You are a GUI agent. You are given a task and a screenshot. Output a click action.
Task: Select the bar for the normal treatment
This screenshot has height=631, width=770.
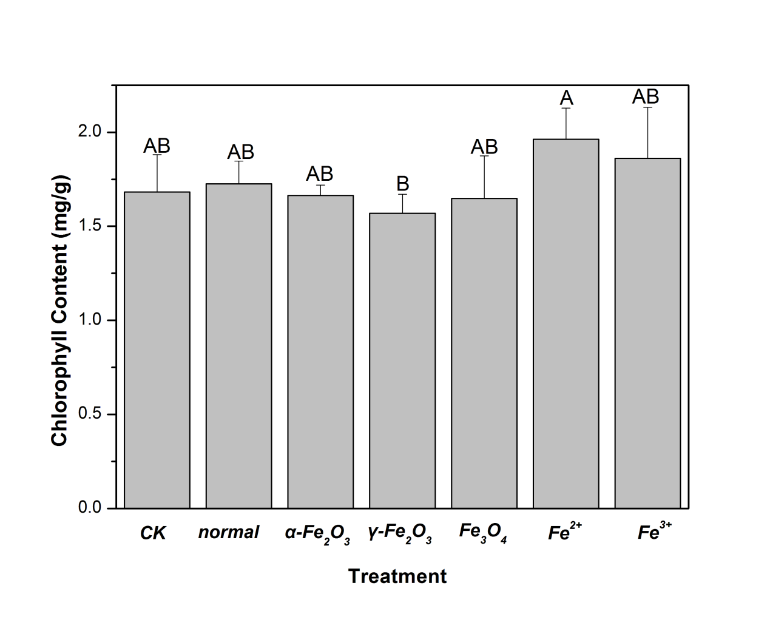(x=238, y=346)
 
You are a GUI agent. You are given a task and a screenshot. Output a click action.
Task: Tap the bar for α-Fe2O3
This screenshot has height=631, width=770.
(x=320, y=351)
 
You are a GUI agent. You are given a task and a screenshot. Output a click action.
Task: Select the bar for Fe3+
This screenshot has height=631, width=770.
(x=647, y=333)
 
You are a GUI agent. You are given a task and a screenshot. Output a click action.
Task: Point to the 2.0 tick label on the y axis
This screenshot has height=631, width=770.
(x=90, y=132)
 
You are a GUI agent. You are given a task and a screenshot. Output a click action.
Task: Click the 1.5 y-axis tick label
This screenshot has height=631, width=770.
(x=90, y=226)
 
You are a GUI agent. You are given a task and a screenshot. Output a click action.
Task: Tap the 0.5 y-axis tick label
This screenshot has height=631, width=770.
(x=90, y=414)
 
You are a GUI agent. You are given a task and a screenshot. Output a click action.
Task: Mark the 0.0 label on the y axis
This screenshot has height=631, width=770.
(x=90, y=508)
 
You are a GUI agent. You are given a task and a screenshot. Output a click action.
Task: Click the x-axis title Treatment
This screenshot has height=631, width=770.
(x=397, y=576)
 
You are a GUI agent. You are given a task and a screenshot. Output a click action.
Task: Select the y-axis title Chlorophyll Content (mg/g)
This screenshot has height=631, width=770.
(x=59, y=311)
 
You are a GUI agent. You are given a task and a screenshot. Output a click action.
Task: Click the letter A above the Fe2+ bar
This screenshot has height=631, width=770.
(x=567, y=98)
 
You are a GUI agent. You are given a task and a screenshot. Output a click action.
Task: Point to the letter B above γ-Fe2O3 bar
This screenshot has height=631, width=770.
(x=402, y=183)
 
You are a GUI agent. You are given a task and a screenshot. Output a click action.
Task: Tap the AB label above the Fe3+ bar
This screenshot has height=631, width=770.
(x=646, y=96)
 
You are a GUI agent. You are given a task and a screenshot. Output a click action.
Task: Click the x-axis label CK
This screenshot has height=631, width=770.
(x=153, y=533)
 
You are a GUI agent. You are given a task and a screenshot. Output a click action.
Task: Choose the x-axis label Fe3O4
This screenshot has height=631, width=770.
(x=483, y=532)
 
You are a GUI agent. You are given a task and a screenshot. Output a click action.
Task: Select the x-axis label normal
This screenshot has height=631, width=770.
(x=229, y=533)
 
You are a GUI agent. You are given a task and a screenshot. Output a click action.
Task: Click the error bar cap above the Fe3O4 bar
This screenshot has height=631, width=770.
(x=484, y=156)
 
